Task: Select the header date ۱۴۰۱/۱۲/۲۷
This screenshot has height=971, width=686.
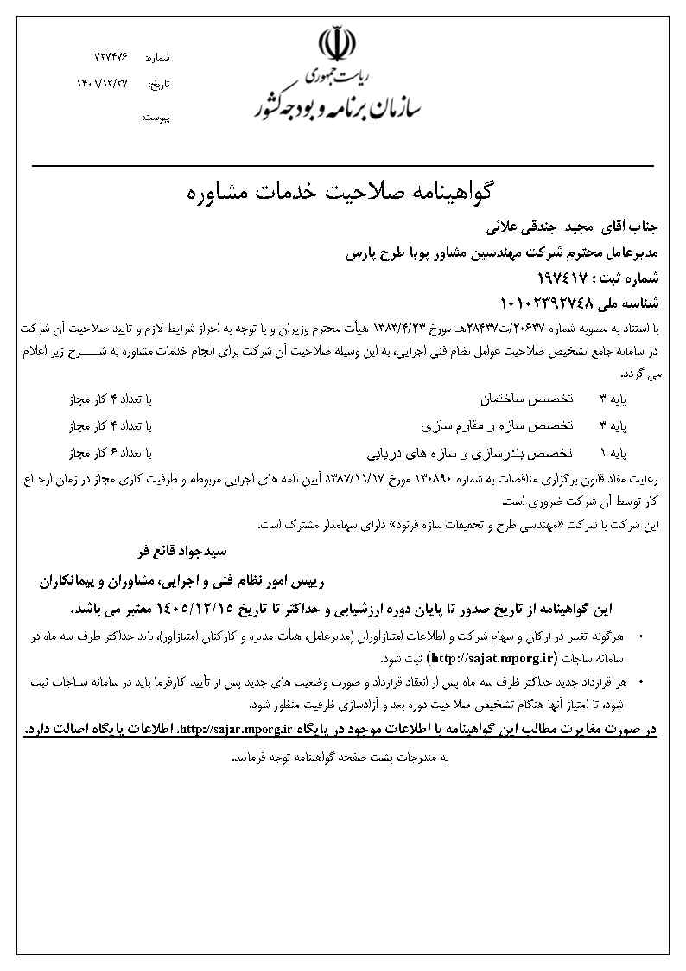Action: (101, 84)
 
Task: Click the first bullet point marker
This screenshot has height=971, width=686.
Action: (640, 636)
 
